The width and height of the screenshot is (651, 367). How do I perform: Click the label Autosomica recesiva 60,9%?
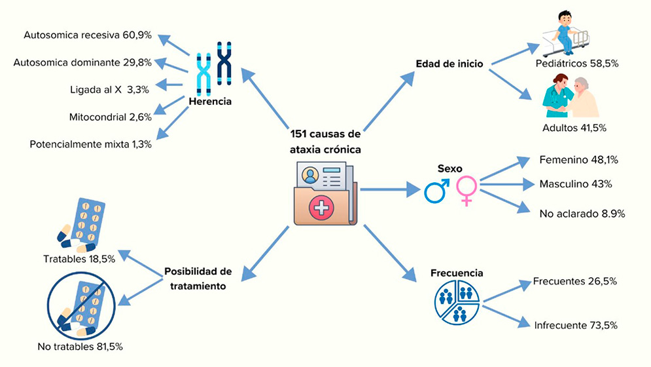click(87, 34)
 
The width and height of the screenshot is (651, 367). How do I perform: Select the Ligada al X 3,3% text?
click(111, 89)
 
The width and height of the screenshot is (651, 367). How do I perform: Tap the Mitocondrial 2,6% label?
click(110, 117)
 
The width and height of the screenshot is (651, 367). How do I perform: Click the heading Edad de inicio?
click(449, 64)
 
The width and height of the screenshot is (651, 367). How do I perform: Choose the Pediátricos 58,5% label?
click(576, 64)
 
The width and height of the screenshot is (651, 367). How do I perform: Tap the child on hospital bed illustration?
click(564, 33)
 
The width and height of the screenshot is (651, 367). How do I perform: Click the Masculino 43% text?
click(575, 184)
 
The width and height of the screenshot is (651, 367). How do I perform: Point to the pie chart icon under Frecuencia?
click(457, 301)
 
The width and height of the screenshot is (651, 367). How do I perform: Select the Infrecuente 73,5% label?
click(575, 325)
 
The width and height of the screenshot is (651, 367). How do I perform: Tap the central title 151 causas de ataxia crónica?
click(325, 141)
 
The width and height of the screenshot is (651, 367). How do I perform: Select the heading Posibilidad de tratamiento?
click(198, 278)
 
